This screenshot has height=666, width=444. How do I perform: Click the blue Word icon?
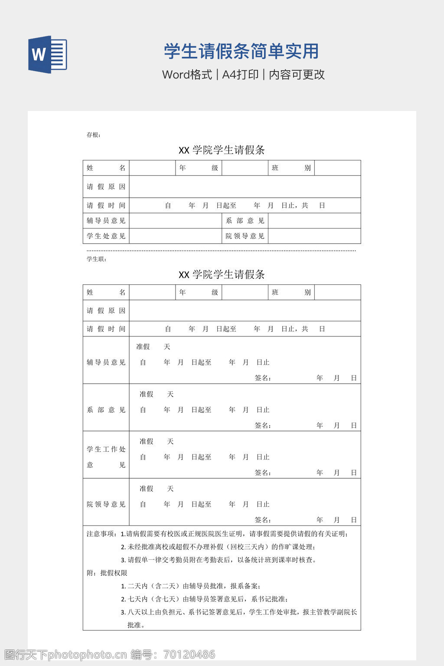tap(48, 55)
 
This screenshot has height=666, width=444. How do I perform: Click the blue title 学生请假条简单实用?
tap(241, 51)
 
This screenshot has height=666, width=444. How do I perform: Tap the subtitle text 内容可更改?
tap(297, 75)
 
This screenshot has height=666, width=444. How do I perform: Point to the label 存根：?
tap(94, 135)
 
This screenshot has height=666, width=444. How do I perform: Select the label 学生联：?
tap(97, 259)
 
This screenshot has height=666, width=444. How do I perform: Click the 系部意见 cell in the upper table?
tap(245, 221)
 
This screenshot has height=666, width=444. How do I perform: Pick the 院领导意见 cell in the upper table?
tap(245, 236)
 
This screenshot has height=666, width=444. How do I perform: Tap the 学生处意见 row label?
tap(106, 236)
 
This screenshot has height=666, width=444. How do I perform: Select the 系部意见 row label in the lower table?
tap(106, 410)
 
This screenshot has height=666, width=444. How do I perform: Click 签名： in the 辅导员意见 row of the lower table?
tap(263, 378)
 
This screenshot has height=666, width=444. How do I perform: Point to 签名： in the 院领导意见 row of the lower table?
tap(263, 520)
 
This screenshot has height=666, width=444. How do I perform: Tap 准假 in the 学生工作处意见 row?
tap(147, 441)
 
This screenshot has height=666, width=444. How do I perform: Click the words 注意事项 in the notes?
tap(101, 534)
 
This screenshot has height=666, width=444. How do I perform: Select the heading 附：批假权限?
tap(107, 573)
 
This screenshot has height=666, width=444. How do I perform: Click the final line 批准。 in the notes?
tap(136, 625)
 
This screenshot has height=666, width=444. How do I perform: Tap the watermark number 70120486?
tap(189, 654)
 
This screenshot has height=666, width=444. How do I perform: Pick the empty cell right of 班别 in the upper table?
tap(337, 168)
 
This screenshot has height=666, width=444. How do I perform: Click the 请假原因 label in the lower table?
tap(106, 310)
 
